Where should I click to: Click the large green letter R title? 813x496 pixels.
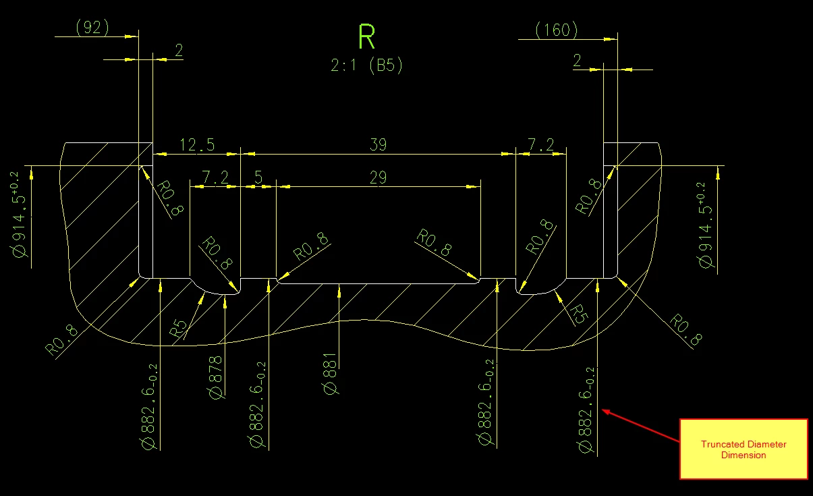tap(366, 36)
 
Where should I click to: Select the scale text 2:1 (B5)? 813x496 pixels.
tap(366, 65)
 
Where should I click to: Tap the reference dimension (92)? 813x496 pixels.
tap(92, 28)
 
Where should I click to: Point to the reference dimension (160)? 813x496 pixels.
tap(557, 30)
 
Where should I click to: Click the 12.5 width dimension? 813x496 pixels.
tap(197, 144)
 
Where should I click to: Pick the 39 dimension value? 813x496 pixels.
tap(379, 144)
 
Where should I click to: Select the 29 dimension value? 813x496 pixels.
tap(379, 177)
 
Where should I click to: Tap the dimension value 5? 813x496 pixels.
tap(258, 177)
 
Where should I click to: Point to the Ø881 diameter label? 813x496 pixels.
tap(330, 374)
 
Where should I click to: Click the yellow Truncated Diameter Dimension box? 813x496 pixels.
tap(744, 449)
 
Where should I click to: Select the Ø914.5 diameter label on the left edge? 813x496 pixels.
tap(20, 215)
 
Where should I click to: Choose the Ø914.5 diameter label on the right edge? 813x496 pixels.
tap(705, 225)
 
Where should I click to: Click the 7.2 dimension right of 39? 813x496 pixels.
tap(541, 144)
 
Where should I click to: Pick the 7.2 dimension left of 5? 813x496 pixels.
tap(215, 177)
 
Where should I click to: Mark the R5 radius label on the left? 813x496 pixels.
tap(179, 328)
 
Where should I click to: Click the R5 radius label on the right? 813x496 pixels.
tap(579, 314)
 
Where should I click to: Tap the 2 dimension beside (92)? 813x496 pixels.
tap(179, 50)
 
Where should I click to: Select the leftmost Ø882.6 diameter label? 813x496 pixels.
tap(149, 407)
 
